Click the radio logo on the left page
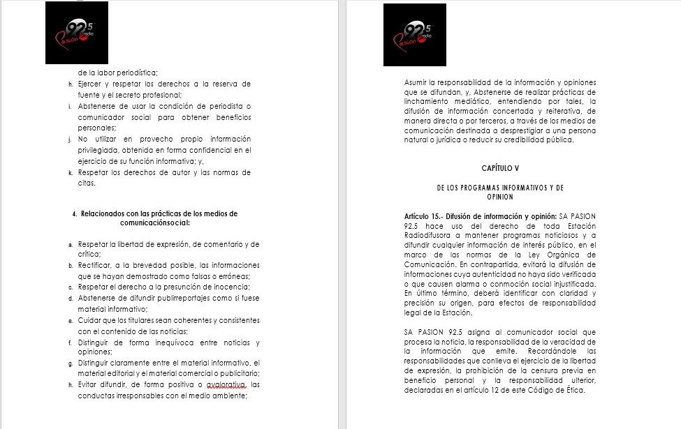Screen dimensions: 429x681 (77, 33)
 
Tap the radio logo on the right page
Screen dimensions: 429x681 (415, 35)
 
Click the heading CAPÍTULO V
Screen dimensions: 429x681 (500, 168)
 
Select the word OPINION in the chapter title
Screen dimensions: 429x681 (500, 197)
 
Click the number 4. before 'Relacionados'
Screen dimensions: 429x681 (74, 213)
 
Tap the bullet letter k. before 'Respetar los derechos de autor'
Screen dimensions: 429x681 (70, 172)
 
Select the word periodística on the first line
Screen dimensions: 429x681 (138, 73)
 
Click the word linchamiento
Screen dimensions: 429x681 (427, 101)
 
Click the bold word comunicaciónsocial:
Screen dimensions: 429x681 (154, 223)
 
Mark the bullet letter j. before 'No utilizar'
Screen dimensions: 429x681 (70, 140)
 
